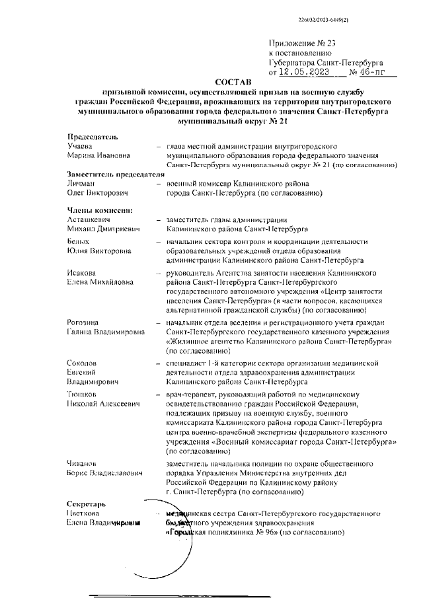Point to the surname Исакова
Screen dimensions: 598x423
[x=83, y=273]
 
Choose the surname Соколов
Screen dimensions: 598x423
[x=83, y=363]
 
